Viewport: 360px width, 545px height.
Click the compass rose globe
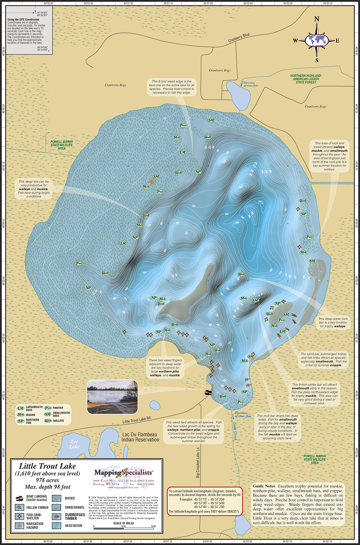tap(317, 40)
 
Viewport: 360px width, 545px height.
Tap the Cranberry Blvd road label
tap(239, 38)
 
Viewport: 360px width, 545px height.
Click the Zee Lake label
tap(74, 444)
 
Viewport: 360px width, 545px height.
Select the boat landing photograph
tap(112, 397)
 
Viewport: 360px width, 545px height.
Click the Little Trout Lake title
tap(48, 466)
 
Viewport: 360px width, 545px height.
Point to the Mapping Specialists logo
tap(123, 473)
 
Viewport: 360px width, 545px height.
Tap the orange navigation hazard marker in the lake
tap(152, 182)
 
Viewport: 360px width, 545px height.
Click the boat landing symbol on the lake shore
tap(208, 393)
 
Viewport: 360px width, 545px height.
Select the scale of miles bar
tap(123, 527)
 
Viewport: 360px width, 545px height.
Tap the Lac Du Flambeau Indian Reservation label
tap(140, 437)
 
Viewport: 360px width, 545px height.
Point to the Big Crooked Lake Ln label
tap(198, 463)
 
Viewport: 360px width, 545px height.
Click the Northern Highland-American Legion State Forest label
tap(306, 79)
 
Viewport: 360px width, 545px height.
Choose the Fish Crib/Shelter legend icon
tap(20, 516)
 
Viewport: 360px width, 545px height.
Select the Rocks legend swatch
tap(57, 499)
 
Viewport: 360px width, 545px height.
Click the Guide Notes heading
tap(264, 486)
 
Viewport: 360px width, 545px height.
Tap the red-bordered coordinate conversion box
tap(205, 501)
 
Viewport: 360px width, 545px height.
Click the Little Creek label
tap(234, 431)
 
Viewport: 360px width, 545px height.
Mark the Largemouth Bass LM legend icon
tap(21, 408)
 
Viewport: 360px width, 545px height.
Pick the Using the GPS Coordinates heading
tap(23, 19)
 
